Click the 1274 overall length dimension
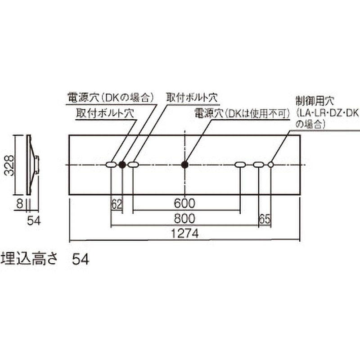[184, 234]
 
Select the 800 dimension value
[184, 218]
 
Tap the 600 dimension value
[184, 203]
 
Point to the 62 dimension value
[117, 204]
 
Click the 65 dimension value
[265, 219]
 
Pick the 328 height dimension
[9, 165]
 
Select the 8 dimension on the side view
[20, 204]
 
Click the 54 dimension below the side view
[34, 221]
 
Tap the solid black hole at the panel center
[184, 165]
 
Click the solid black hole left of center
[122, 165]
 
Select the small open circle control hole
[271, 165]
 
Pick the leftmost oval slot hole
[111, 165]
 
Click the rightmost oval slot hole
[259, 165]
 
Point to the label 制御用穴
[315, 101]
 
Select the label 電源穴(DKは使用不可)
[242, 113]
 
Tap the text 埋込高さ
[29, 259]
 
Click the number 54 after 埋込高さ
[81, 260]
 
